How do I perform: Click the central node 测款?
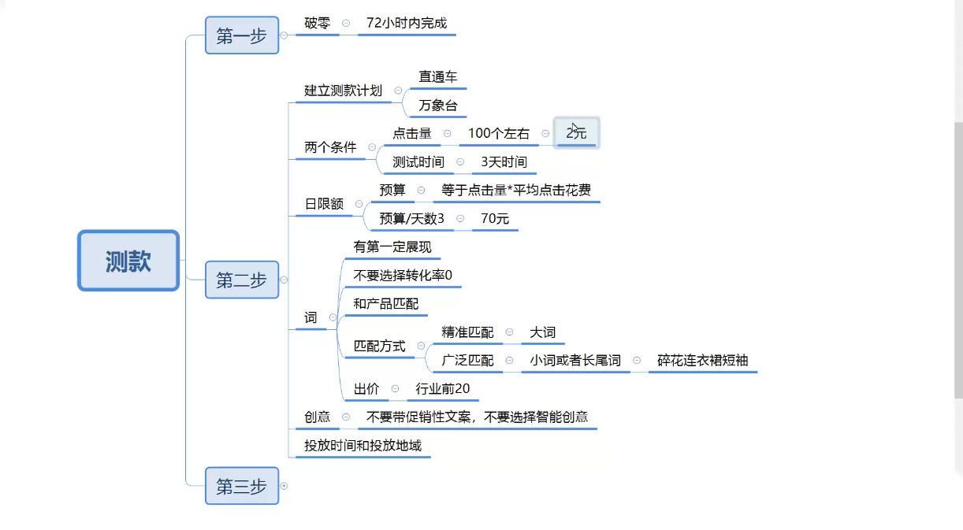128,261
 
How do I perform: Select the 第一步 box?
242,35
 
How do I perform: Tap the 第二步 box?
242,280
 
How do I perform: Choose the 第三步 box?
242,486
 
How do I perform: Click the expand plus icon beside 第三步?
284,486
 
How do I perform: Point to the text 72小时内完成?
407,23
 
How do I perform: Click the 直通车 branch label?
437,76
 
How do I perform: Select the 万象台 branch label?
437,105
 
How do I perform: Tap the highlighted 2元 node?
577,133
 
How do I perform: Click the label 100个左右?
499,133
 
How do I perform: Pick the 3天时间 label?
504,162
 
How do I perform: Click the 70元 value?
495,219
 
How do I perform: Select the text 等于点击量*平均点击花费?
516,190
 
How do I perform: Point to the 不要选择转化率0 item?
403,276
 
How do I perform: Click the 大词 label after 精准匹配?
543,332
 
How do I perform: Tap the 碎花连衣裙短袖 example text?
702,361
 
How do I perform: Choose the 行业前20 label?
443,389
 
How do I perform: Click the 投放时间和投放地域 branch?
363,446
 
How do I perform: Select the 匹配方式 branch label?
380,346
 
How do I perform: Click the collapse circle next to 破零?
346,24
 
